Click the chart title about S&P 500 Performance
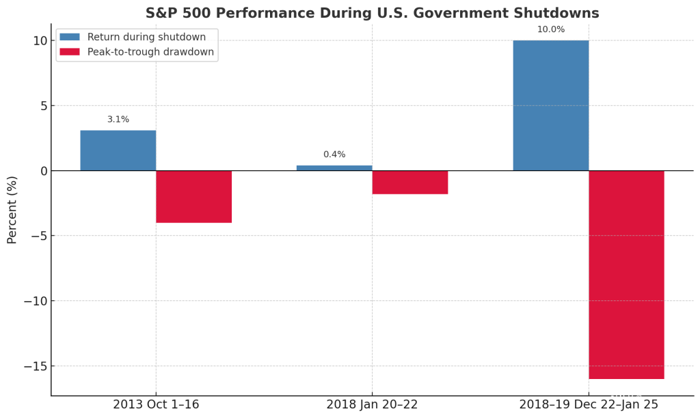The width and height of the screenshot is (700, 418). click(x=372, y=14)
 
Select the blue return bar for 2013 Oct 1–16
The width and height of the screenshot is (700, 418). click(x=118, y=151)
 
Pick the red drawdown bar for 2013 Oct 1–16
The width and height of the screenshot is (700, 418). click(x=193, y=196)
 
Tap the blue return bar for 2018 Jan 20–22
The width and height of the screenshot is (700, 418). click(x=334, y=168)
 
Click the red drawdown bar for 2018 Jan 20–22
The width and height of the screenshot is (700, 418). click(x=410, y=182)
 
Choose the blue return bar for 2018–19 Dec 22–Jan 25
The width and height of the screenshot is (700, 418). click(x=550, y=105)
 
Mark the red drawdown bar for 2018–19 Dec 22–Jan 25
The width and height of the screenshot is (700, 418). click(x=626, y=274)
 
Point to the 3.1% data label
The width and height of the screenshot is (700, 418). click(x=118, y=120)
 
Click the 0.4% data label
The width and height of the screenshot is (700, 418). click(x=334, y=155)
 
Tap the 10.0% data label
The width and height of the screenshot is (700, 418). click(x=550, y=29)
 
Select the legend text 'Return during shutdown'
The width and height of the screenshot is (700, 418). click(x=146, y=37)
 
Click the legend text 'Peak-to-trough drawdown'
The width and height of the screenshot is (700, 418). click(x=150, y=52)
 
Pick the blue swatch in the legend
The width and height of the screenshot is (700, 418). click(x=70, y=37)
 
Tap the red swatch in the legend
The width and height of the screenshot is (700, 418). click(x=70, y=52)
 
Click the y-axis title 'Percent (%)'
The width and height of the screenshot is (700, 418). click(x=12, y=209)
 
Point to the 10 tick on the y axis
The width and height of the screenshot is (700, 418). click(x=40, y=40)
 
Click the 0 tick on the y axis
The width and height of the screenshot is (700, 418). click(x=43, y=171)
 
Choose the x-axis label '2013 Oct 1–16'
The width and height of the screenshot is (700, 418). click(x=156, y=404)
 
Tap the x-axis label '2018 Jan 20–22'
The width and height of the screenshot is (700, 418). click(x=372, y=404)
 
